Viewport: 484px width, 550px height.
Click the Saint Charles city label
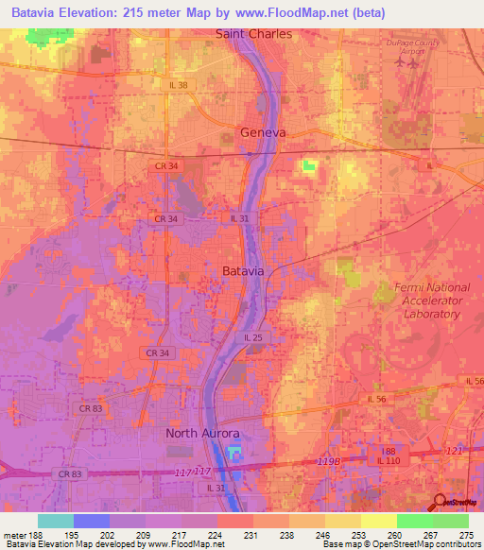(x=254, y=33)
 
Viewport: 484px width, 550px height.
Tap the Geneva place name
(x=263, y=132)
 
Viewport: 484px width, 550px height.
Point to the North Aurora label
(x=202, y=433)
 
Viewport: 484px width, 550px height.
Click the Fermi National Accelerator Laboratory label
(x=431, y=300)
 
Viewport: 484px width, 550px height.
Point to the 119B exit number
(x=327, y=460)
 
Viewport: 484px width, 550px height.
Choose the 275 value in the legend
(x=468, y=535)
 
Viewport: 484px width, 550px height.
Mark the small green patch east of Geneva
(x=308, y=166)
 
